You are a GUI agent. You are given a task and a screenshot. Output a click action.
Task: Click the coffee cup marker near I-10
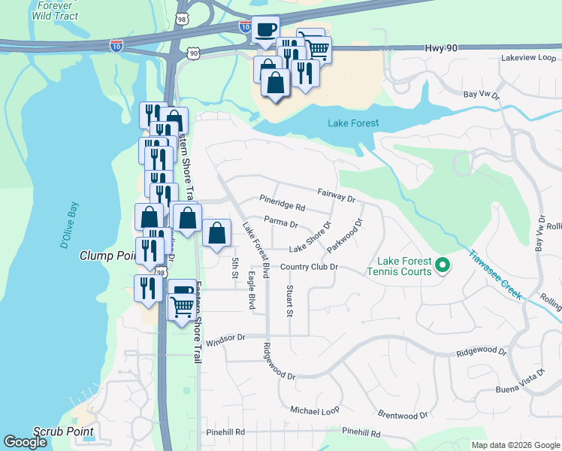pos(264,30)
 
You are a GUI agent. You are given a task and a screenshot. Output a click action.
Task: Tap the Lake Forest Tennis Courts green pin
pos(443,265)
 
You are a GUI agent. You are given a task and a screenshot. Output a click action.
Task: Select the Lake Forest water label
pos(353,123)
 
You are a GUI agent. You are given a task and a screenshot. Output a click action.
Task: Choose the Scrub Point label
pos(64,431)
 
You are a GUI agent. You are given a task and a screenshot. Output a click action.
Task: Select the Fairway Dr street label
pos(336,197)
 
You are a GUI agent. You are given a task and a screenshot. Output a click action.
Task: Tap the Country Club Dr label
pos(310,267)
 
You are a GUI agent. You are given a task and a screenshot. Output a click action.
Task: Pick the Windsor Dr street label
pos(225,339)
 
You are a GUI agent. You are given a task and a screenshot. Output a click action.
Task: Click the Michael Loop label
pos(315,410)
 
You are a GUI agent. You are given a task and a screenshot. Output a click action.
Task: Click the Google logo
pos(26,442)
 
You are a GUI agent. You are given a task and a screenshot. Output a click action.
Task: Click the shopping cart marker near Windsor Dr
pos(182,306)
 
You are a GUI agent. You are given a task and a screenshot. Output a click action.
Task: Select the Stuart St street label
pos(289,300)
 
